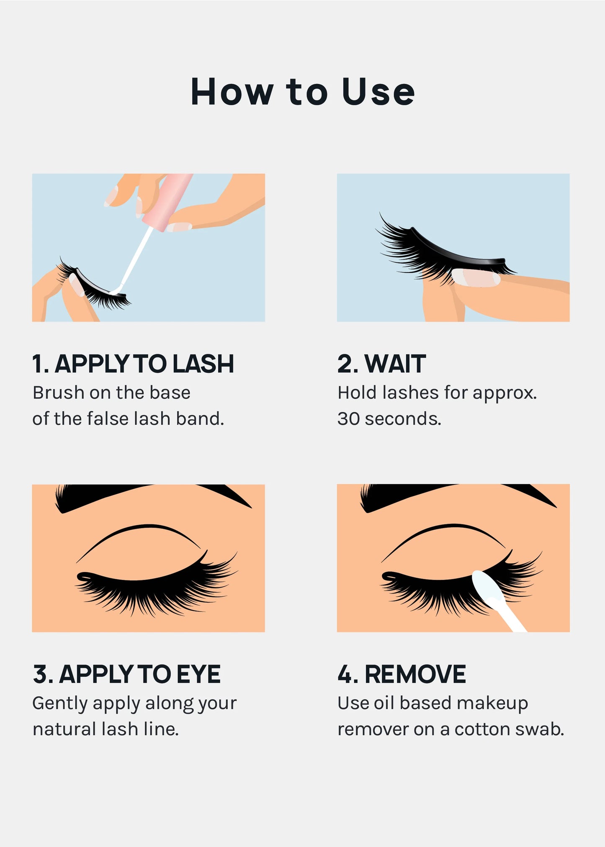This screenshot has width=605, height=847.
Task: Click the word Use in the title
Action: click(378, 92)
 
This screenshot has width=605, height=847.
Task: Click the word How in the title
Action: click(232, 92)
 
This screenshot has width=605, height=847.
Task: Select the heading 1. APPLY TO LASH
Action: click(133, 364)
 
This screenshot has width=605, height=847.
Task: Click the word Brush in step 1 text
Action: click(59, 393)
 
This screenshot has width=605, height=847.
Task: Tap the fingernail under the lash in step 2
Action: click(476, 278)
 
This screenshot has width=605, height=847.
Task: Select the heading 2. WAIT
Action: click(381, 364)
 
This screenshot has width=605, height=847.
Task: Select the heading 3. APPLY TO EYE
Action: click(126, 674)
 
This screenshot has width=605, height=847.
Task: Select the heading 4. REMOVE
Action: click(402, 674)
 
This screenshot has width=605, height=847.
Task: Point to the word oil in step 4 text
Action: click(384, 703)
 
